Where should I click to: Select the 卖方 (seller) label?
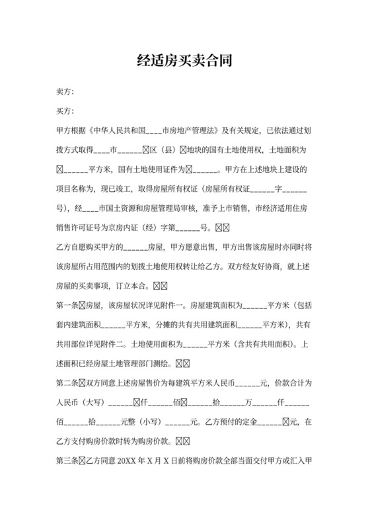[65, 91]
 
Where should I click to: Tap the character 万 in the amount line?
[249, 404]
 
